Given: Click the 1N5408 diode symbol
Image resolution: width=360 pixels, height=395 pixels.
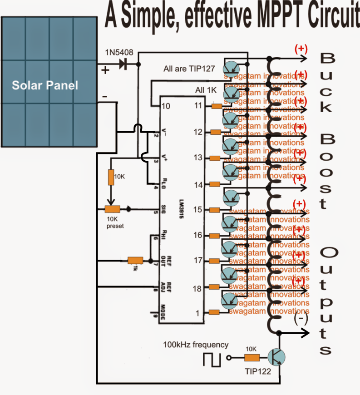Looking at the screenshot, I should point(123,64).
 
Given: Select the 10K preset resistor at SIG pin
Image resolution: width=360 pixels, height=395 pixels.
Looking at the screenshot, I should point(112,209).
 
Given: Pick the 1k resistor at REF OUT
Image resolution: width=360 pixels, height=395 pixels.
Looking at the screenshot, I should point(135,261).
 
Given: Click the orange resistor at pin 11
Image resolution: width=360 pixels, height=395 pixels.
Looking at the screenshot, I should point(217,107).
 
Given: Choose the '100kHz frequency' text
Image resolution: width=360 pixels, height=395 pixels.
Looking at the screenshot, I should point(196,345).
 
